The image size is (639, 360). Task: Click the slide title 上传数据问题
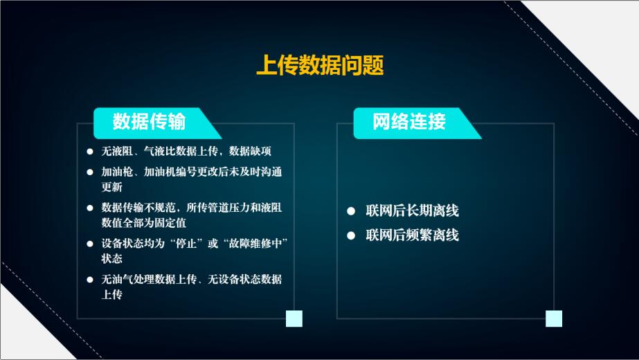(x=320, y=65)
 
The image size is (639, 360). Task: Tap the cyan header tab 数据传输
(x=157, y=123)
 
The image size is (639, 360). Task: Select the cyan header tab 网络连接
(x=417, y=123)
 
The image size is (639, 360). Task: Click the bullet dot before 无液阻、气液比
(x=90, y=152)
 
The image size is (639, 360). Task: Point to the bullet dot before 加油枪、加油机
(x=90, y=172)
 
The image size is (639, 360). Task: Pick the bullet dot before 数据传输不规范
(x=90, y=208)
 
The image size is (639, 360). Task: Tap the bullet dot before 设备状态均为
(x=90, y=244)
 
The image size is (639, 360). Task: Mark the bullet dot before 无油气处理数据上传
(x=90, y=280)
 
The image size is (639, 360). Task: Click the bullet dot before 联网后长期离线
(x=351, y=210)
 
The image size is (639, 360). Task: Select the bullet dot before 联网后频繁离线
(x=351, y=235)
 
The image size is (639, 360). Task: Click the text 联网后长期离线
(x=412, y=210)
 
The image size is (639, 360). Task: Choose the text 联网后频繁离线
(x=412, y=235)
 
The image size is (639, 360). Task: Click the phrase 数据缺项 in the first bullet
(x=250, y=151)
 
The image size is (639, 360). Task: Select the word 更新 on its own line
(x=112, y=187)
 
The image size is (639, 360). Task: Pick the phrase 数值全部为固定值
(x=144, y=223)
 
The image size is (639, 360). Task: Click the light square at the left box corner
(x=294, y=318)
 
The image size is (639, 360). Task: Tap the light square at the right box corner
(x=554, y=318)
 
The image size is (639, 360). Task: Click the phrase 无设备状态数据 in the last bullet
(x=244, y=279)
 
